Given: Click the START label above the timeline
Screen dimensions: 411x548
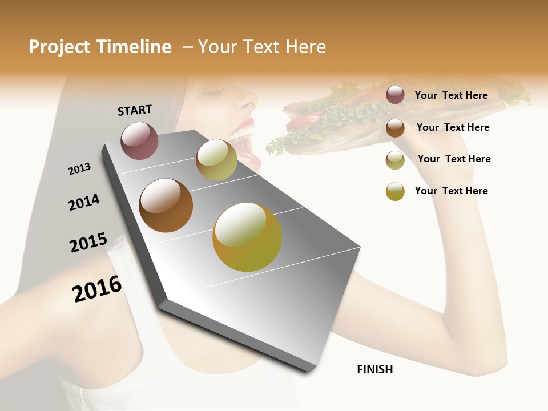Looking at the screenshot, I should click(x=135, y=110).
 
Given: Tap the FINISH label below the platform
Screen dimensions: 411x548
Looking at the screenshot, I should click(x=374, y=369).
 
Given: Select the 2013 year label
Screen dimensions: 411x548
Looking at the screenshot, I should click(x=79, y=168).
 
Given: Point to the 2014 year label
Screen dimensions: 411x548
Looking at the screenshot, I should click(x=84, y=202).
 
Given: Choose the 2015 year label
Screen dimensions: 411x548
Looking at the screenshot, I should click(x=88, y=243).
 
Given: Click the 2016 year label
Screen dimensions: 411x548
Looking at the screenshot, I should click(x=97, y=288).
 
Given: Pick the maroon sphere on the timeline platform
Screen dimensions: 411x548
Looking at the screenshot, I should click(x=139, y=140).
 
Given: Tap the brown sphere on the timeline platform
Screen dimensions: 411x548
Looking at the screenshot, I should click(x=166, y=205).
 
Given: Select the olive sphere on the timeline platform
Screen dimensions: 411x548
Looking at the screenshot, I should click(x=216, y=160).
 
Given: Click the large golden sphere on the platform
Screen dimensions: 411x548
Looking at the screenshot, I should click(x=247, y=237).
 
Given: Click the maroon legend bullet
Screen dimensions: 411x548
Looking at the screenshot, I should click(x=395, y=95).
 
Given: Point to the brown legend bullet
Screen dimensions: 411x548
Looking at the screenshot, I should click(x=395, y=127).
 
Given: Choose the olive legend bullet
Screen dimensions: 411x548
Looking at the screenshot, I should click(x=395, y=159).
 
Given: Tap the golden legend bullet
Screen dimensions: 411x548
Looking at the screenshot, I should click(x=395, y=191).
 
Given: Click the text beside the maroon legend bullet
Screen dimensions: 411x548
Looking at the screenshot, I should click(x=451, y=95).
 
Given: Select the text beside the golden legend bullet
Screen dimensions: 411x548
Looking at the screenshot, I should click(x=451, y=191).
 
